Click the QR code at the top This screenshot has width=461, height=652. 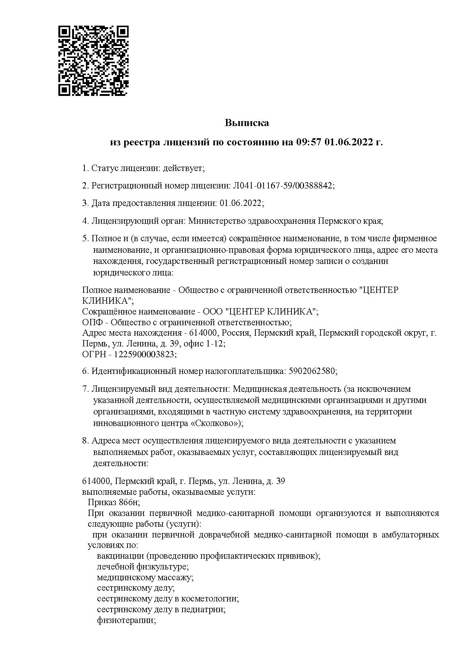pyautogui.click(x=94, y=61)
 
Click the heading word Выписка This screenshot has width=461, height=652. pyautogui.click(x=246, y=123)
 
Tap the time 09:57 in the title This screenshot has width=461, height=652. pyautogui.click(x=308, y=142)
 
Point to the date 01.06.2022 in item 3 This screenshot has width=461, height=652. pyautogui.click(x=241, y=203)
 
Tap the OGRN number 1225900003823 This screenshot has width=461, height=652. pyautogui.click(x=144, y=354)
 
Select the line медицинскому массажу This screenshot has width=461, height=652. pyautogui.click(x=145, y=578)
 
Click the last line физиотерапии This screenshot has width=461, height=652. pyautogui.click(x=126, y=620)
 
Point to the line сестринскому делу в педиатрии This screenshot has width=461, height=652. pyautogui.click(x=161, y=610)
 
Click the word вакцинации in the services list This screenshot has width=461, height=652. pyautogui.click(x=120, y=556)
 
